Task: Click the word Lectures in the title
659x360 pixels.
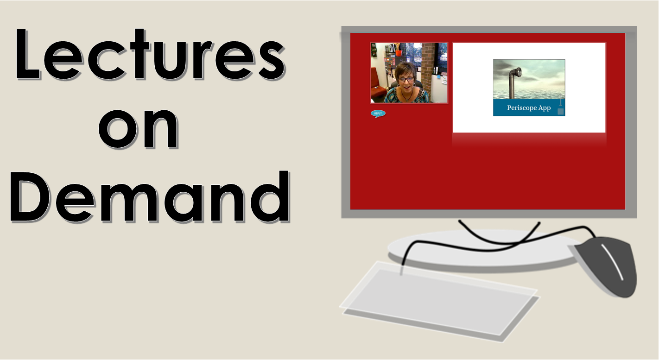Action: [150, 54]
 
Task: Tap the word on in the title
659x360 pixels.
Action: [138, 128]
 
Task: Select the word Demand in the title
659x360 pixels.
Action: [150, 196]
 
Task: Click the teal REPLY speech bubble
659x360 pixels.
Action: [378, 114]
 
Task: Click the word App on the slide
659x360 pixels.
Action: [545, 108]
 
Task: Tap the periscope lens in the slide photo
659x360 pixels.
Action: [519, 71]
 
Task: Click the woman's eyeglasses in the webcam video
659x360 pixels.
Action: [406, 79]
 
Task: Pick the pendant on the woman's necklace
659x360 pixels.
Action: [407, 99]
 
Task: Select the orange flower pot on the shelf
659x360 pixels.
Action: [399, 53]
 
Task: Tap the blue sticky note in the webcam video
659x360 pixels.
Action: [439, 77]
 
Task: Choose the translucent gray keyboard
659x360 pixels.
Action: [440, 301]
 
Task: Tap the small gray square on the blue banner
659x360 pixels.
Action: [560, 112]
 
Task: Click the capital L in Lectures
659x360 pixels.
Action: [27, 54]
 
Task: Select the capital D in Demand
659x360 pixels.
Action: [30, 196]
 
